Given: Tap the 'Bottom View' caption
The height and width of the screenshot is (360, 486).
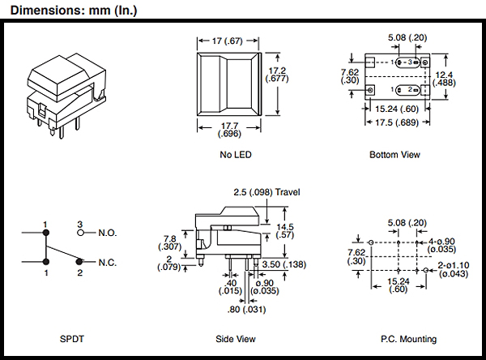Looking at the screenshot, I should (394, 154).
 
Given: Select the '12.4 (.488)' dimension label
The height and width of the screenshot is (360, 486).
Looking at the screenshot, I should (465, 79).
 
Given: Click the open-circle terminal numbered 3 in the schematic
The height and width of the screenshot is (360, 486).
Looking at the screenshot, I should (80, 233).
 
